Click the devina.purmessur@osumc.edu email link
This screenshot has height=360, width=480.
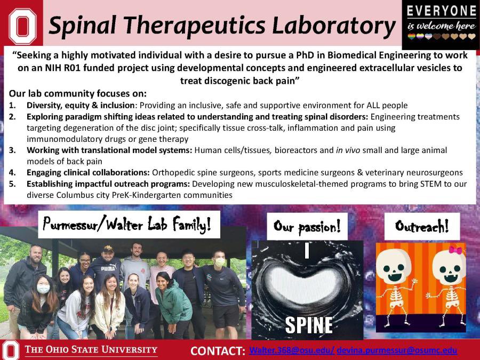397,350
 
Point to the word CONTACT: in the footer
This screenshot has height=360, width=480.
218,351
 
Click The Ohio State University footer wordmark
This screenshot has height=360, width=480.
90,350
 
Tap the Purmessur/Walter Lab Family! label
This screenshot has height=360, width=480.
129,225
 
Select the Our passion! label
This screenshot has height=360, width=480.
307,227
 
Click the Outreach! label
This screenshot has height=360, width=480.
421,227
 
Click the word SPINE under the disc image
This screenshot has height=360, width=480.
308,324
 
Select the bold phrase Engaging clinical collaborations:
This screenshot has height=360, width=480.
88,173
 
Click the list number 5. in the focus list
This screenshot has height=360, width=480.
13,184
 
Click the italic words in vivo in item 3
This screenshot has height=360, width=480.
346,150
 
